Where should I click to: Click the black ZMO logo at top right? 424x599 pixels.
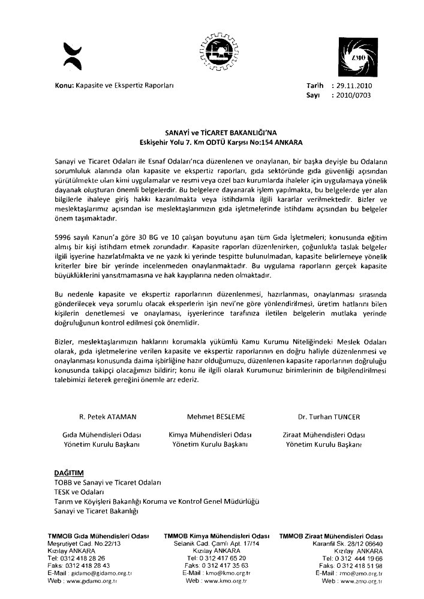click(359, 58)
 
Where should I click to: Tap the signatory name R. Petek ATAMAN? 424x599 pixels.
click(97, 415)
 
